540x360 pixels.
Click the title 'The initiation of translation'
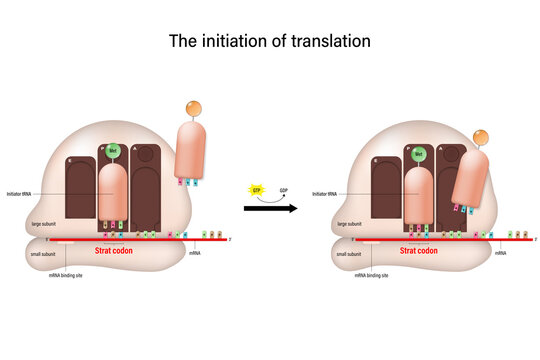click(x=270, y=43)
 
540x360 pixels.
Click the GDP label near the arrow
click(x=283, y=189)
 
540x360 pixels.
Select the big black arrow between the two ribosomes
click(x=269, y=209)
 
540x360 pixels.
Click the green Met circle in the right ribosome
click(x=419, y=154)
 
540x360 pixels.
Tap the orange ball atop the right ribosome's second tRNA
click(x=480, y=137)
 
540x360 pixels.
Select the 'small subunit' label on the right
click(x=349, y=254)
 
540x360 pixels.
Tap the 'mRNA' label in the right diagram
click(x=499, y=254)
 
